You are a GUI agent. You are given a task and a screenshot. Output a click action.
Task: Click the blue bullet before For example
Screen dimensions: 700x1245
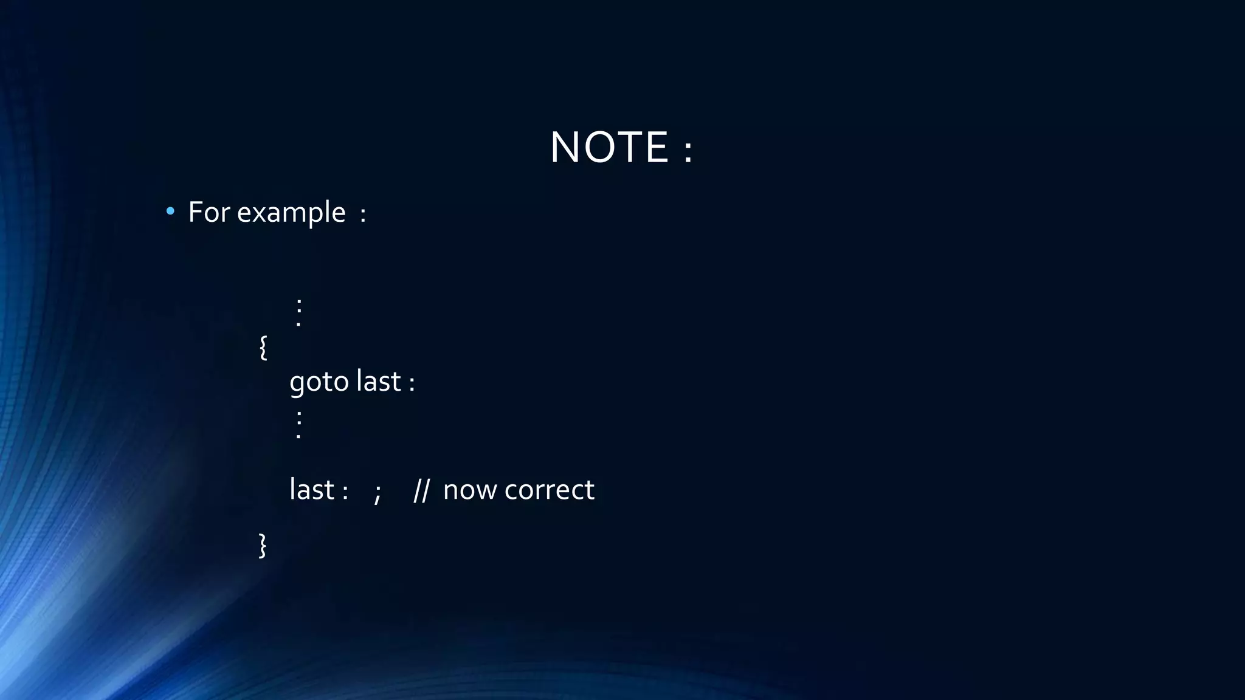(x=170, y=211)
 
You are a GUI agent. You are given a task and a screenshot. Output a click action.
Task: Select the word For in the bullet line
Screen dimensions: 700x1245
(x=209, y=213)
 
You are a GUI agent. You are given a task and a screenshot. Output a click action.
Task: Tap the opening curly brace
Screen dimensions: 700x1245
(x=263, y=348)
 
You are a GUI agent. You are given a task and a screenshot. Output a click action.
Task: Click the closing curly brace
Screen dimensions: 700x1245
(x=263, y=545)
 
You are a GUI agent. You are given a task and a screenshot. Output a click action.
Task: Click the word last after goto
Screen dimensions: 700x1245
(x=378, y=382)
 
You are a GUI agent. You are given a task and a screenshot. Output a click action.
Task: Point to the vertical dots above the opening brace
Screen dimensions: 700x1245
(x=298, y=312)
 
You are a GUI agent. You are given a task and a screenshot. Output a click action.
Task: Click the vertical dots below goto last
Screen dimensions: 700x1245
(x=298, y=424)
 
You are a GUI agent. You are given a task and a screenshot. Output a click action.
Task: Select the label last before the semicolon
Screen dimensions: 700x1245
(x=312, y=490)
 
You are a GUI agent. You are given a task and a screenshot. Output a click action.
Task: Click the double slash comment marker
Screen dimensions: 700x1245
(x=421, y=490)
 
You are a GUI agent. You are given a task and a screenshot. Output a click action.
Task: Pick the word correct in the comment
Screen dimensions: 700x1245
(x=549, y=490)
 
